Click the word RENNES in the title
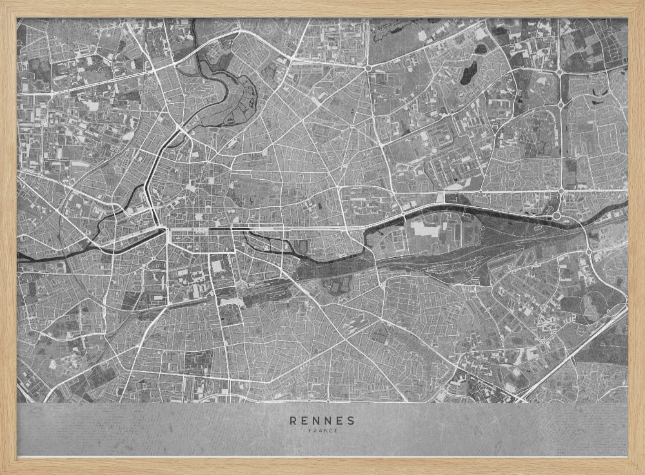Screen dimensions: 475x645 pos(322,421)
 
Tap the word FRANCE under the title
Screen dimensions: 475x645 pos(322,431)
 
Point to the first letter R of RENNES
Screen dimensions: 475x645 pos(294,421)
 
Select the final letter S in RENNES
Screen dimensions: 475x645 pos(351,421)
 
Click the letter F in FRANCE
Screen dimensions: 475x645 pos(310,431)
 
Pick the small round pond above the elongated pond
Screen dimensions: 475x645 pos(481,48)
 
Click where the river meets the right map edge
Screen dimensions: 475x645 pos(626,205)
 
